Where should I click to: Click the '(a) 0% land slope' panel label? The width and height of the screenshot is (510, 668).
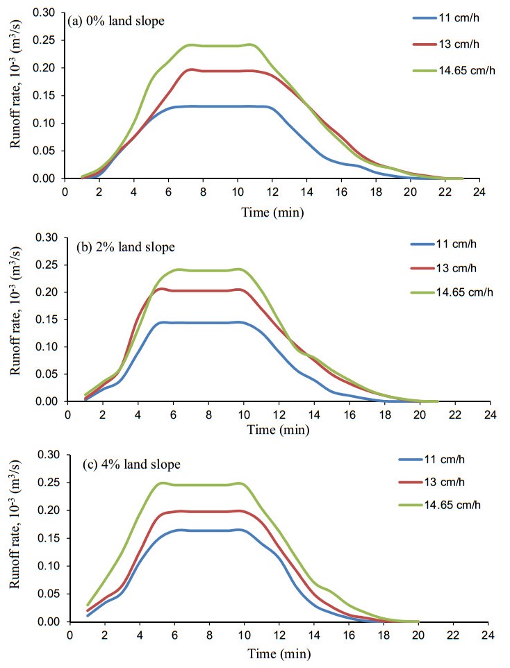[116, 22]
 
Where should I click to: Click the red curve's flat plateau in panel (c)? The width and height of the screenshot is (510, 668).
[208, 511]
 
